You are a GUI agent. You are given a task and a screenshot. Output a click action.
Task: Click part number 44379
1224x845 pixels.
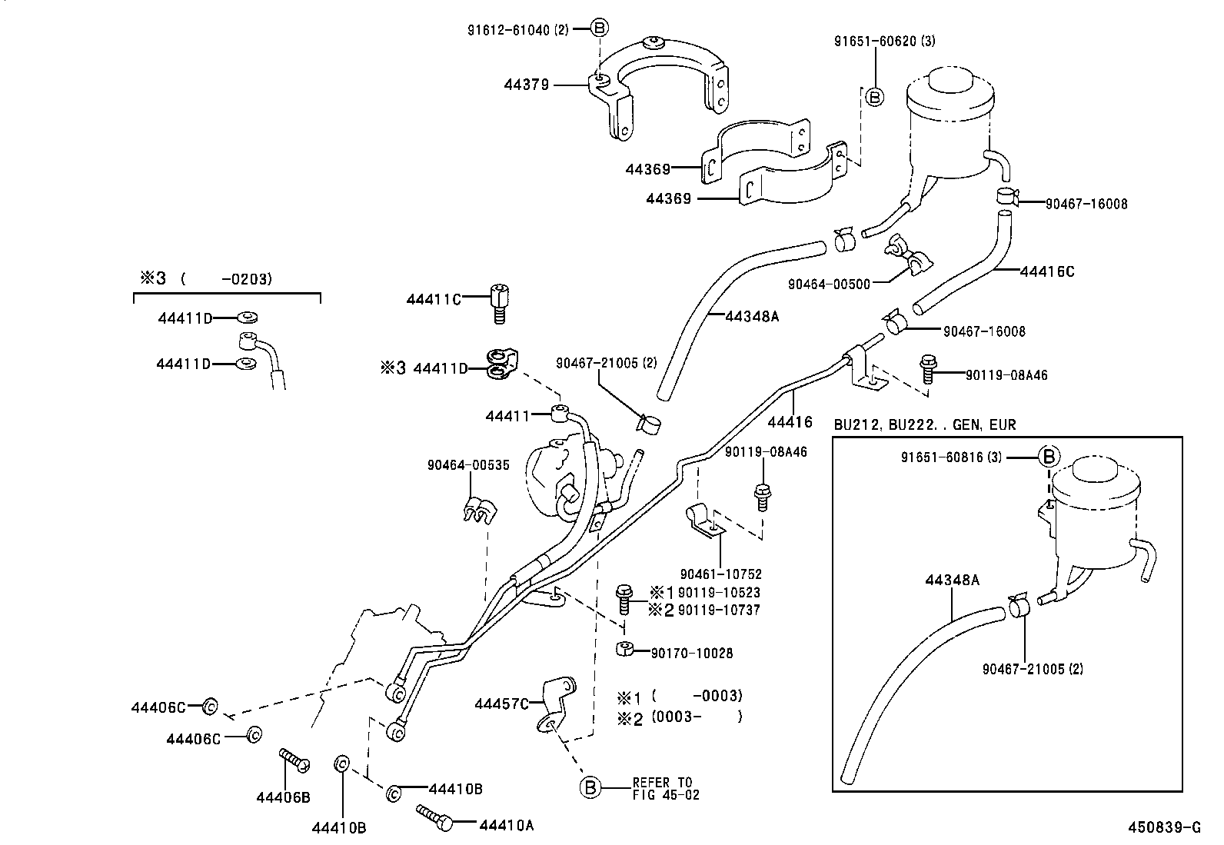coord(527,85)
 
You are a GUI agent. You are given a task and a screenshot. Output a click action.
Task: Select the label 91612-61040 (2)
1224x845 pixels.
coord(517,30)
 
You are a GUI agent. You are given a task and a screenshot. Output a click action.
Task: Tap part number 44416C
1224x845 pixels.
coord(1046,271)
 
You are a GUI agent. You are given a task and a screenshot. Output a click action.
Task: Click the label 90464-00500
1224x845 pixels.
coord(829,284)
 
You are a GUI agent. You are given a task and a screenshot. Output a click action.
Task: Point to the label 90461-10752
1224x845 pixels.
coord(720,574)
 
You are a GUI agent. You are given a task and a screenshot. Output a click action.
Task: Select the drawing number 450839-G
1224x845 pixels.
coord(1164,827)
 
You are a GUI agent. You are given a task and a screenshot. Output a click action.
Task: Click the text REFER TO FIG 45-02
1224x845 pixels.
coord(666,789)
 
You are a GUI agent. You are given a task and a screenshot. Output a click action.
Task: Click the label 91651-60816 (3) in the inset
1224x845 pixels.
coord(953,457)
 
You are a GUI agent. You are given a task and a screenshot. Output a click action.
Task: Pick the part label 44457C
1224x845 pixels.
coord(501,704)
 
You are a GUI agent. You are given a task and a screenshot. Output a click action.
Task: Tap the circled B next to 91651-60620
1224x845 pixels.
coord(874,97)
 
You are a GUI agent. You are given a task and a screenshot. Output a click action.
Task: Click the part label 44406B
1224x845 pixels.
coord(283,797)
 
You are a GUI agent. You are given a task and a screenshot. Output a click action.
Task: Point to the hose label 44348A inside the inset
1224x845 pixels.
coord(952,581)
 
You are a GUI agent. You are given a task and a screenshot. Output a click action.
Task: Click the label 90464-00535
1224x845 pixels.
coord(468,465)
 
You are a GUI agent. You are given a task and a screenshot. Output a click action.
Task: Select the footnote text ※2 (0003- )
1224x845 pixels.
coord(680,717)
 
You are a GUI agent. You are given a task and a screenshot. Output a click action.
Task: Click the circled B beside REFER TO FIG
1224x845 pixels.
coord(590,788)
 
